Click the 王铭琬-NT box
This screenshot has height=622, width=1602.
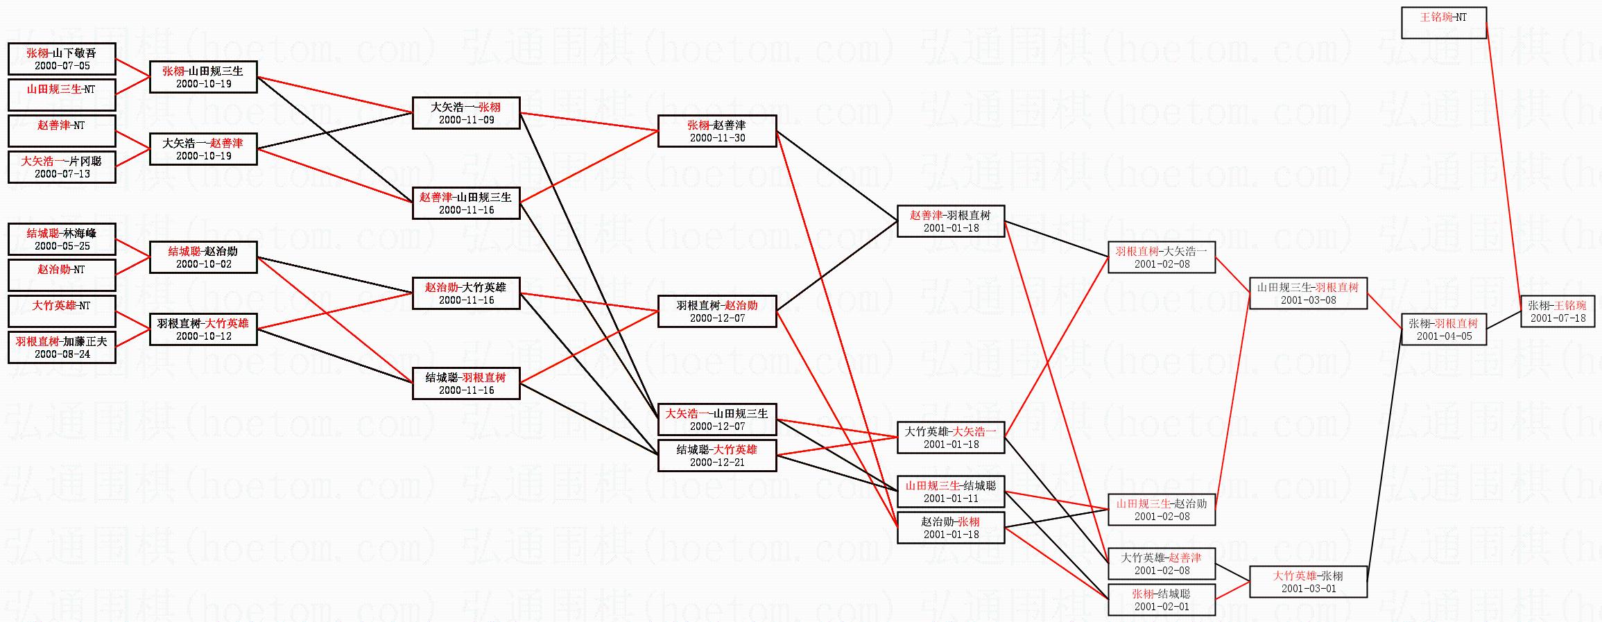coord(1443,23)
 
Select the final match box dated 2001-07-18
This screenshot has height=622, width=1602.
coord(1558,312)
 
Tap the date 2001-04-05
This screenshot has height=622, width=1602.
coord(1444,336)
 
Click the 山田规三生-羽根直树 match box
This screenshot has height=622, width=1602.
coord(1307,293)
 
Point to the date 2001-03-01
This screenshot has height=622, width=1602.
coord(1308,589)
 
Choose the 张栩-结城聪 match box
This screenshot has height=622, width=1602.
coord(1161,600)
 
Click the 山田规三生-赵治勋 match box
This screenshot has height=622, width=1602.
coord(1161,510)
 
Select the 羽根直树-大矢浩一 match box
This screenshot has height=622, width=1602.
coord(1161,257)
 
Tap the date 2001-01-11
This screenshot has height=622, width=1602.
coord(951,499)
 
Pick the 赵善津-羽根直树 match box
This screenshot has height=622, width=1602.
coord(950,221)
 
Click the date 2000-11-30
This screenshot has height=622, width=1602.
coord(717,138)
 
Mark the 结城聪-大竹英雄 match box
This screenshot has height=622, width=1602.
coord(716,456)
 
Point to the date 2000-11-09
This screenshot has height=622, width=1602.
coord(466,120)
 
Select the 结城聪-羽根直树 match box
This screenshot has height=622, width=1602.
coord(466,383)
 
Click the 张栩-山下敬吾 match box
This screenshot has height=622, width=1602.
coord(62,59)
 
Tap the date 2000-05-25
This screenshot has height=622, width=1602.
coord(62,246)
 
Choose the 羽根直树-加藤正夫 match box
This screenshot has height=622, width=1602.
coord(62,347)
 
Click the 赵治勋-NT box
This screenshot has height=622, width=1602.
coord(62,275)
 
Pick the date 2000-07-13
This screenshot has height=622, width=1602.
coord(62,174)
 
